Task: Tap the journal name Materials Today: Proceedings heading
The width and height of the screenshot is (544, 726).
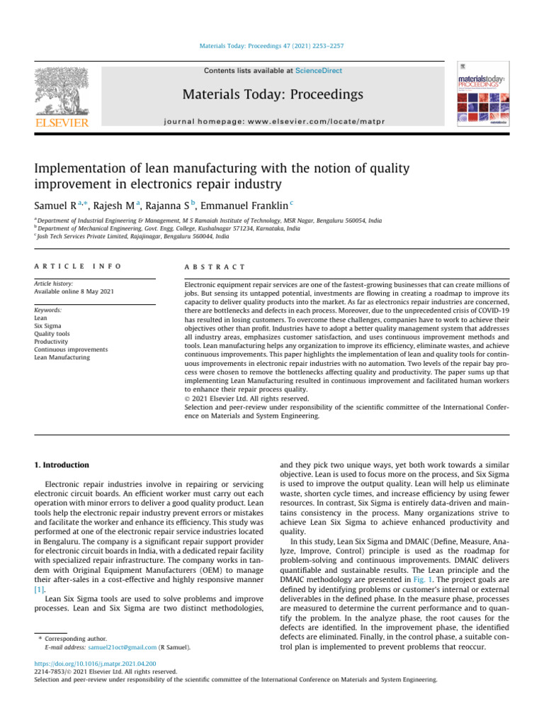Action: coord(272,94)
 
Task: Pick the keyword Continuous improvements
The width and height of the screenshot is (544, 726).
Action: coord(71,350)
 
